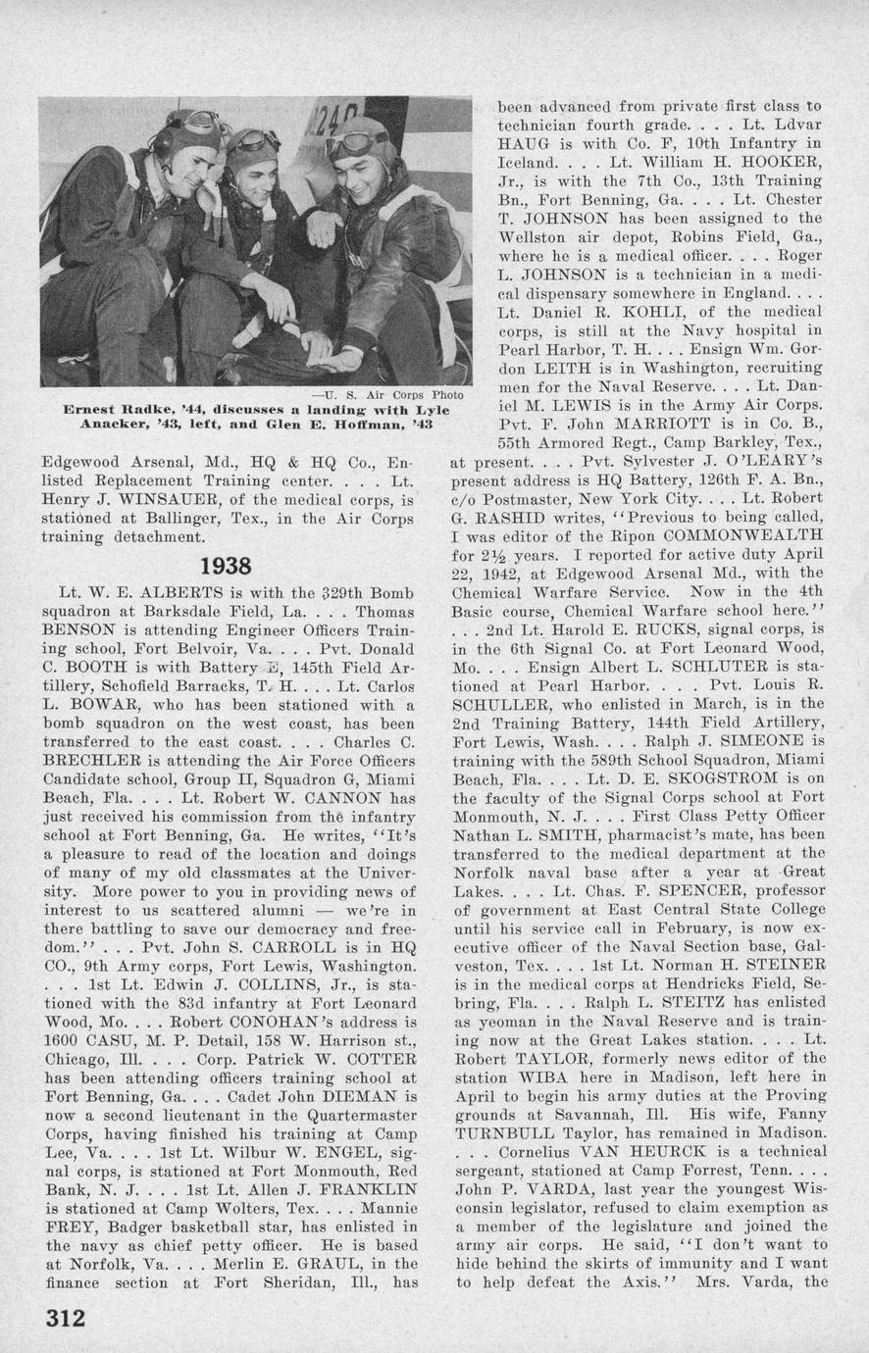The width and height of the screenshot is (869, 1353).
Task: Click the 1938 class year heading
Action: click(226, 567)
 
